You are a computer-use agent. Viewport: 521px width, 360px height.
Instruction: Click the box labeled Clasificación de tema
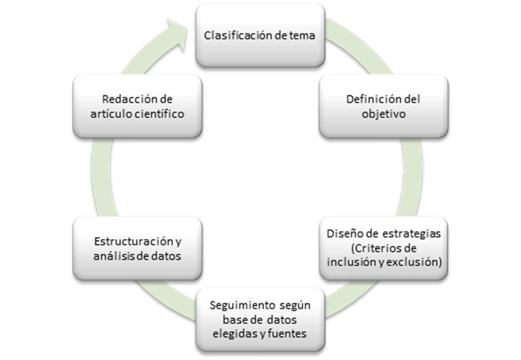[260, 36]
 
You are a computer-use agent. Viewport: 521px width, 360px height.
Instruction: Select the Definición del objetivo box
[382, 106]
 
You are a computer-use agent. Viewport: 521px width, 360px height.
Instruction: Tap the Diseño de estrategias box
[382, 248]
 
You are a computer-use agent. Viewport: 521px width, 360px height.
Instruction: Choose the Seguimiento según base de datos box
[260, 319]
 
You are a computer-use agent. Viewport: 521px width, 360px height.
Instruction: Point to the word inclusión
[349, 262]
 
